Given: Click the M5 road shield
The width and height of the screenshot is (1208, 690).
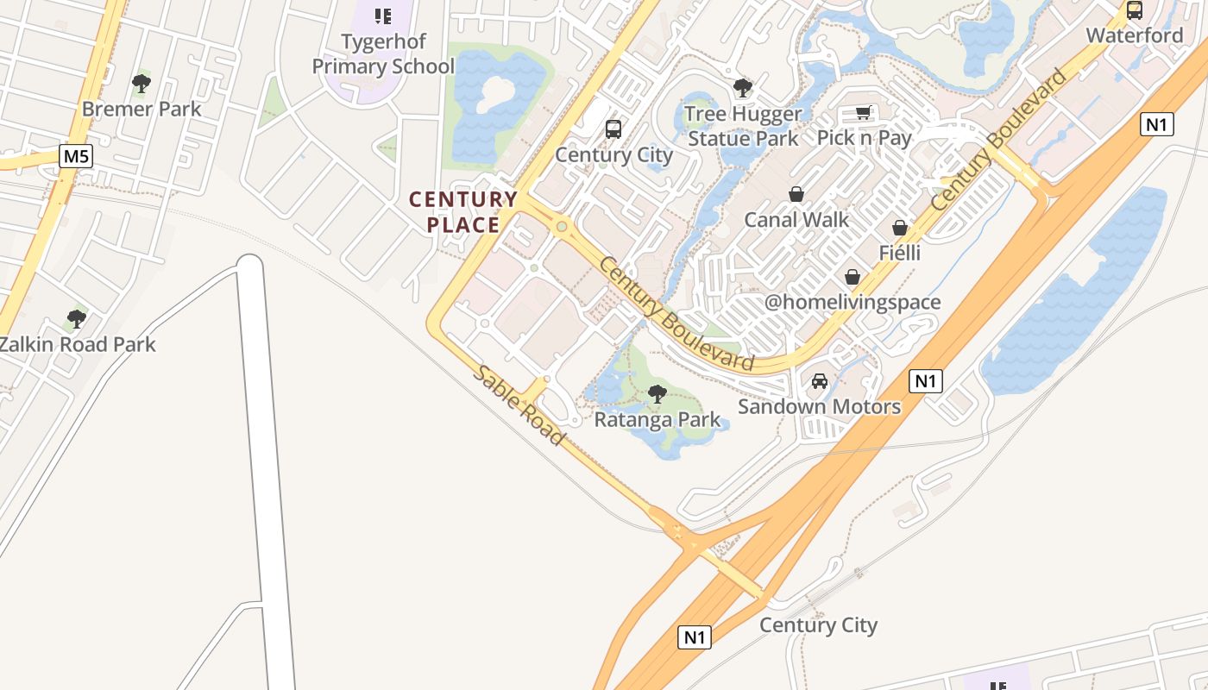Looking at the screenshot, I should [x=76, y=156].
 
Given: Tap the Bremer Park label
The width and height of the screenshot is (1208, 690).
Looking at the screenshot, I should [x=142, y=110].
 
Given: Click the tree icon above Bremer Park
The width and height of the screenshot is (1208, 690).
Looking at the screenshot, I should [x=142, y=84].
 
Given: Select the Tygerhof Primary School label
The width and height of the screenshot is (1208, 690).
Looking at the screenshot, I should [x=383, y=54].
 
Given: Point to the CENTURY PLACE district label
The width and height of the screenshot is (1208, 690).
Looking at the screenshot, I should [x=463, y=212].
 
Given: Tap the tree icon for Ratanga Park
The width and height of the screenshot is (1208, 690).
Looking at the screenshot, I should [x=657, y=394].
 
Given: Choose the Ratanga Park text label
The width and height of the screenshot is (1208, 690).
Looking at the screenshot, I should [x=657, y=420].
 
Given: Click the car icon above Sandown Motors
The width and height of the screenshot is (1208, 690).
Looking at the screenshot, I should [x=820, y=380].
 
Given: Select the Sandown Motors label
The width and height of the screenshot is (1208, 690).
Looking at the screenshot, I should [x=820, y=406].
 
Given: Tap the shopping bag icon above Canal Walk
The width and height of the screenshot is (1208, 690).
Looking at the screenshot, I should [x=796, y=194].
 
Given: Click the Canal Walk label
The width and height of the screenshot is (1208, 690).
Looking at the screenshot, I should [x=796, y=220].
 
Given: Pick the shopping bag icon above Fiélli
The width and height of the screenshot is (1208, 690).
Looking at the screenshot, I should [x=900, y=228].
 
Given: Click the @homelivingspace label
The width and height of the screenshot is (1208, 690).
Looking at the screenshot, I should [x=853, y=303].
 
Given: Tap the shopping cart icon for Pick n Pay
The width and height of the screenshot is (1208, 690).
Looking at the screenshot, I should [x=864, y=112].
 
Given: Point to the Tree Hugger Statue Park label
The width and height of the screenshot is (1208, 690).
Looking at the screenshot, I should [x=743, y=126].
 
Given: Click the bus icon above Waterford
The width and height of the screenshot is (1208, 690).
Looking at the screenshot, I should [x=1135, y=10].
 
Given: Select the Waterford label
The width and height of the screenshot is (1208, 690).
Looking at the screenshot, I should [x=1135, y=35].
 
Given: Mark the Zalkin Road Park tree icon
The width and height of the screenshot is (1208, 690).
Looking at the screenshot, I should [x=77, y=319].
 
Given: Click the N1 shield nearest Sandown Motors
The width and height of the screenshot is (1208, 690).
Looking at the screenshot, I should [x=925, y=380].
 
